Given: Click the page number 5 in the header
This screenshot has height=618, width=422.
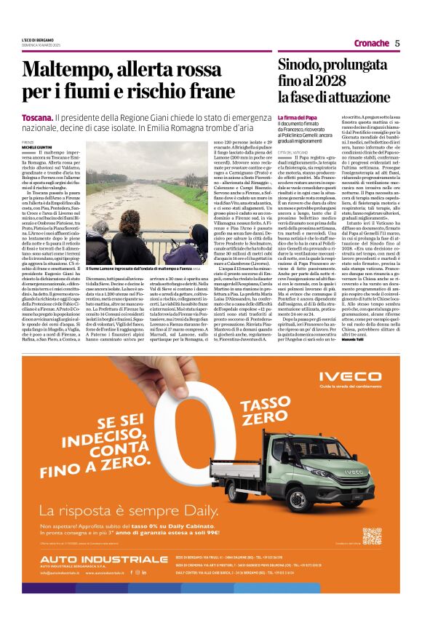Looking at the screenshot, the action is point(397,43).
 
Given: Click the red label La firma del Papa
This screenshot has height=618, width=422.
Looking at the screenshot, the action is point(297,117).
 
